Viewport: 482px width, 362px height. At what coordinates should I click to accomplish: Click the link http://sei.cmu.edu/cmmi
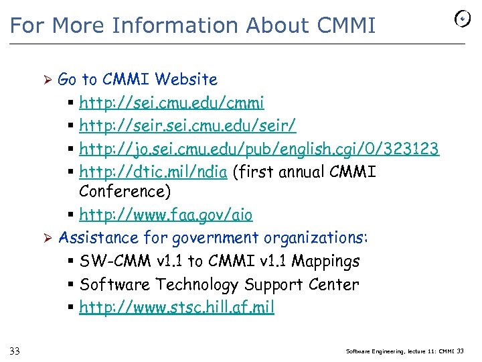pyautogui.click(x=171, y=103)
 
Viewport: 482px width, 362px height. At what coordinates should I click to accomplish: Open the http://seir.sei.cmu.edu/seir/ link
pyautogui.click(x=187, y=125)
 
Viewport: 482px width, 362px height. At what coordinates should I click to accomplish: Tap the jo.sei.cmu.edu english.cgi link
pyautogui.click(x=259, y=148)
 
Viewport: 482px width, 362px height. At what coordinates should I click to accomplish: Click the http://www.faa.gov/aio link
pyautogui.click(x=165, y=215)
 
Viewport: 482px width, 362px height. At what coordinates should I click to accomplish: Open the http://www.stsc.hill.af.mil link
pyautogui.click(x=177, y=308)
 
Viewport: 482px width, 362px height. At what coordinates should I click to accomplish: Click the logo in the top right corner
pyautogui.click(x=462, y=19)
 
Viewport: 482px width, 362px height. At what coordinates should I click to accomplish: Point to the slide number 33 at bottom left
pyautogui.click(x=15, y=351)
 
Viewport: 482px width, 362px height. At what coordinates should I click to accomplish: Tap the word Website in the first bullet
pyautogui.click(x=185, y=80)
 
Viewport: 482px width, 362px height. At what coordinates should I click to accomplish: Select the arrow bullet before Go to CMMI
pyautogui.click(x=48, y=80)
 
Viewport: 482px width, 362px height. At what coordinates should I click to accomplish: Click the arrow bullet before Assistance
pyautogui.click(x=48, y=238)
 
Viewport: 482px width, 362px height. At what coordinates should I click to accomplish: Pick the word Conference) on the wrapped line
pyautogui.click(x=125, y=191)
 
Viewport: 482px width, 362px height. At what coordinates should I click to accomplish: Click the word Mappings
pyautogui.click(x=327, y=261)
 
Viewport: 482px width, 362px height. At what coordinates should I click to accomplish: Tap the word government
pyautogui.click(x=215, y=238)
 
